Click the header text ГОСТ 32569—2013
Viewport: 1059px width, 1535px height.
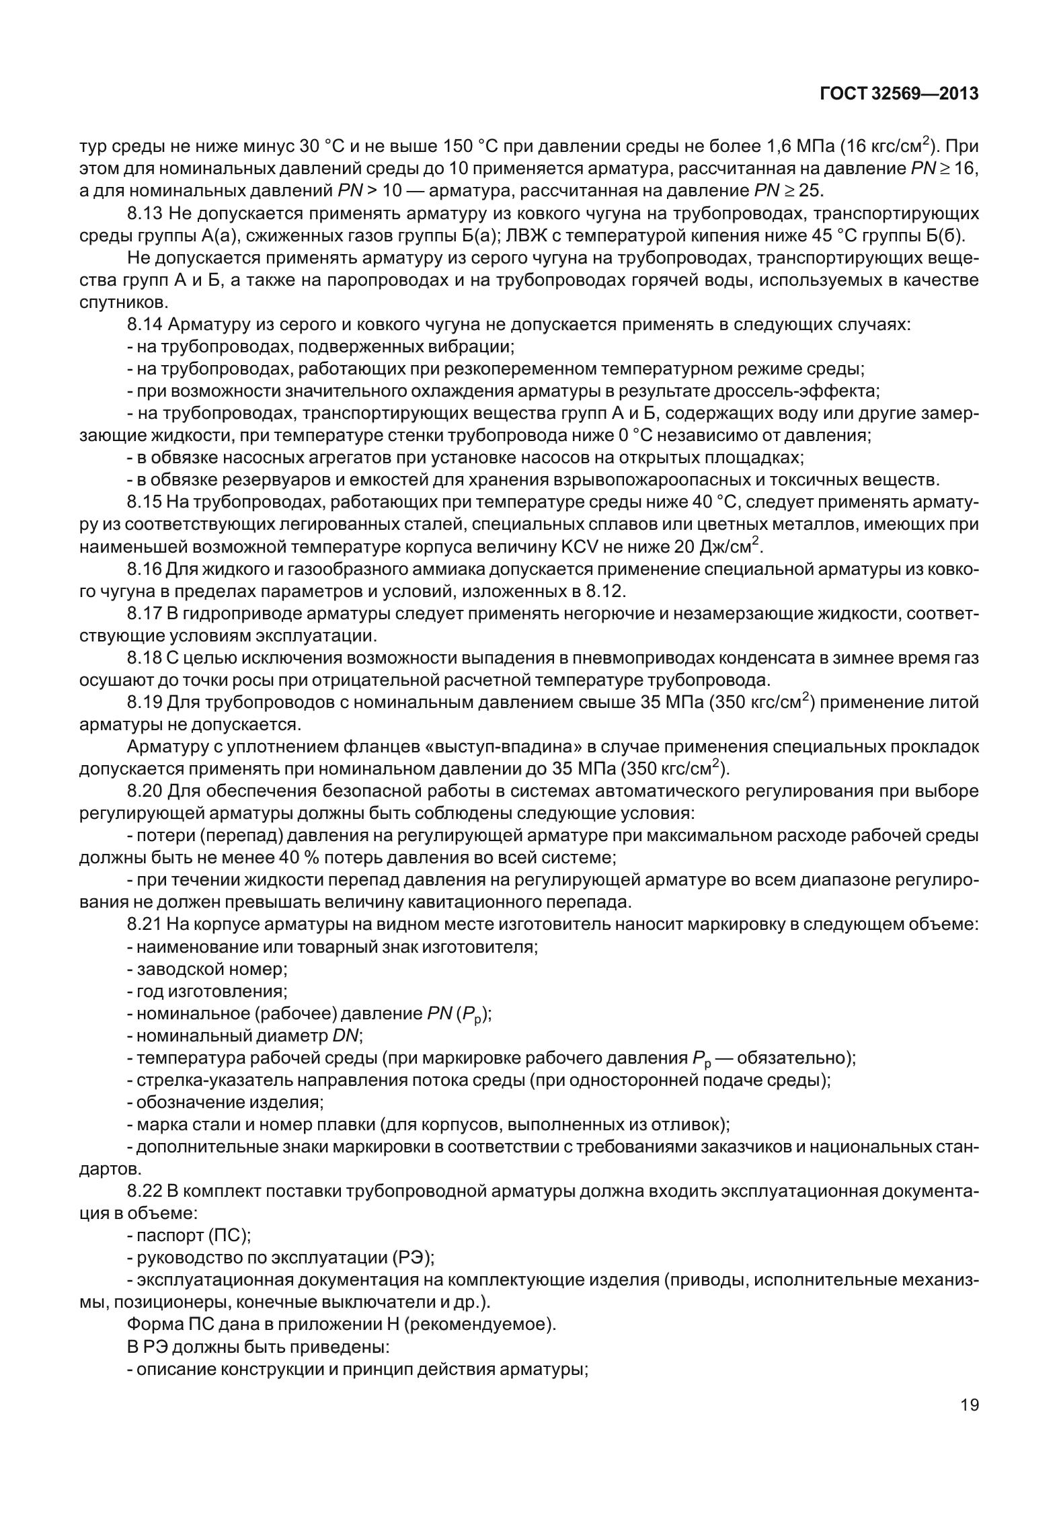point(899,94)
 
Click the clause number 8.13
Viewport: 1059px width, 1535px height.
point(145,214)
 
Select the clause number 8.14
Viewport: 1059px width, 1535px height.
point(145,325)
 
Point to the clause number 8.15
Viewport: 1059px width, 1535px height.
point(145,502)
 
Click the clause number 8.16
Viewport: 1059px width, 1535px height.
point(145,569)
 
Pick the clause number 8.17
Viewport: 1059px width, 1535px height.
point(145,613)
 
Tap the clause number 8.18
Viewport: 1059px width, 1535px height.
point(145,658)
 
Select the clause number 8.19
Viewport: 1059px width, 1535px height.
point(145,703)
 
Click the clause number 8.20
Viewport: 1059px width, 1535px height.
point(145,791)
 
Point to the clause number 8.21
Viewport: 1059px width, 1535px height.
point(145,924)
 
